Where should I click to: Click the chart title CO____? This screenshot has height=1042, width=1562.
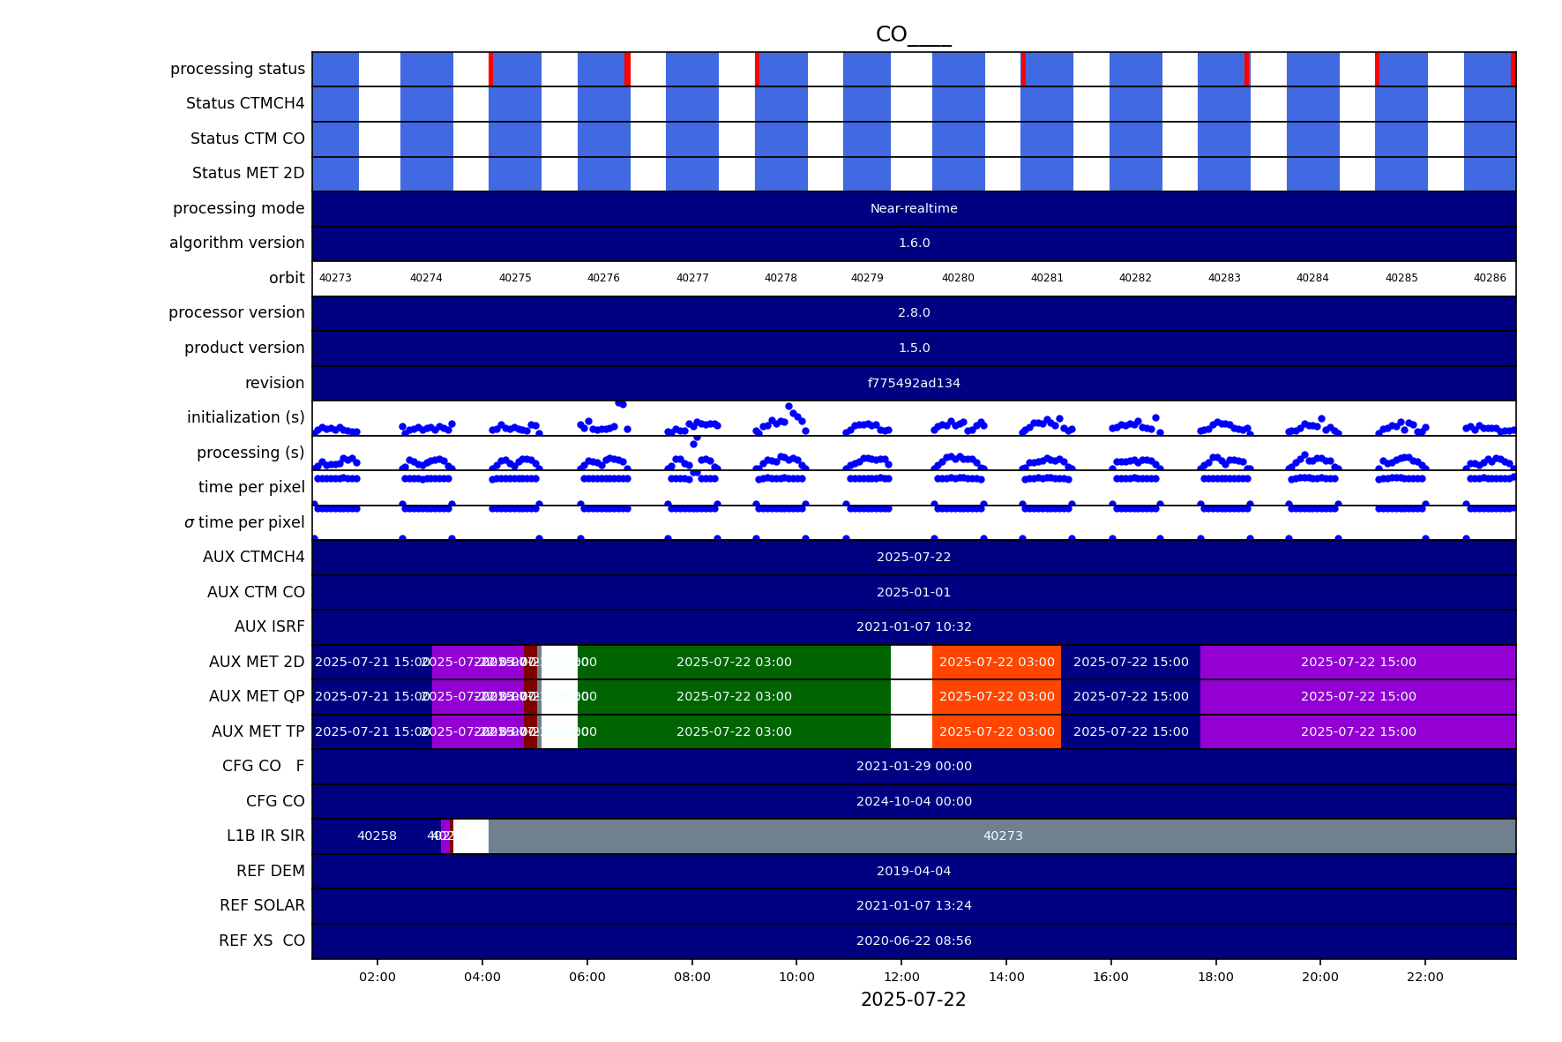tap(913, 34)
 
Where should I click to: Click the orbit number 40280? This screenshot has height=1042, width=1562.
tap(958, 278)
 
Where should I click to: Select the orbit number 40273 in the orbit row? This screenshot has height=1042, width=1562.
tap(335, 278)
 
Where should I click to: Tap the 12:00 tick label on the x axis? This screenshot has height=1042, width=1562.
tap(901, 977)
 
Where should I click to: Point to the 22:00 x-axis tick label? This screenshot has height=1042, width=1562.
tap(1424, 977)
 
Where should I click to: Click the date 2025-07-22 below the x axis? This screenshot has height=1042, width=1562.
tap(913, 1000)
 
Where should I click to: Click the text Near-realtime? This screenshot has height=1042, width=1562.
tap(914, 209)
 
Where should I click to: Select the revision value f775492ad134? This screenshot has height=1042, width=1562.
tap(914, 383)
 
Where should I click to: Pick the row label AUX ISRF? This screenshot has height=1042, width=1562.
tap(269, 626)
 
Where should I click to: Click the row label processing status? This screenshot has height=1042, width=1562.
tap(237, 69)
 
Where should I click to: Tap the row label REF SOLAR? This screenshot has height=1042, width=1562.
tap(262, 905)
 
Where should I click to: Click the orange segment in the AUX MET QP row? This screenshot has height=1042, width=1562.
tap(997, 697)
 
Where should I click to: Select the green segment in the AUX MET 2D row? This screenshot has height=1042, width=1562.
tap(734, 662)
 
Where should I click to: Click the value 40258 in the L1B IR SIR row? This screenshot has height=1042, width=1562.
tap(377, 836)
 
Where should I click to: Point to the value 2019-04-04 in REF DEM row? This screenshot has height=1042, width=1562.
tap(914, 871)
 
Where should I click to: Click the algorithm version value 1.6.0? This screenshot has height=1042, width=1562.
tap(914, 244)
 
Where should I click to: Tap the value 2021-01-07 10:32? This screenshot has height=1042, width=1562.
tap(914, 627)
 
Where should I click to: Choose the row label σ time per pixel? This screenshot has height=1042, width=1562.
tap(244, 522)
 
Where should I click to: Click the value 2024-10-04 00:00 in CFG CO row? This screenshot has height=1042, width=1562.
tap(914, 801)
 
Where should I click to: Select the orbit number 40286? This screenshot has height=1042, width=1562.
tap(1490, 278)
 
